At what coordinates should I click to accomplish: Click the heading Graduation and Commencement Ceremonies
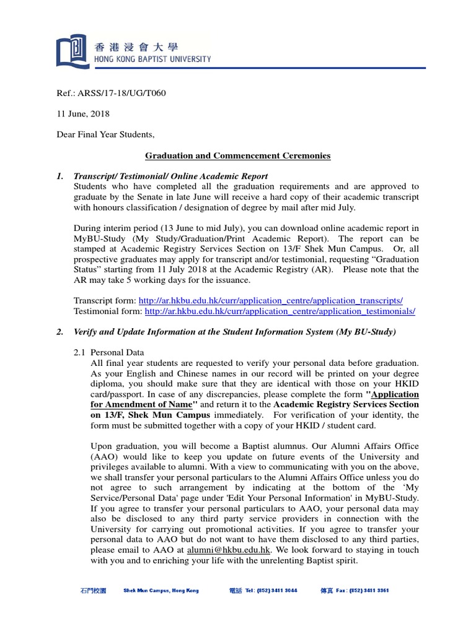238,155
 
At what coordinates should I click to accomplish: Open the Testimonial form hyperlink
280,311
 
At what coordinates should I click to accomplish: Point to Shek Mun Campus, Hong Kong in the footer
161,591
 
